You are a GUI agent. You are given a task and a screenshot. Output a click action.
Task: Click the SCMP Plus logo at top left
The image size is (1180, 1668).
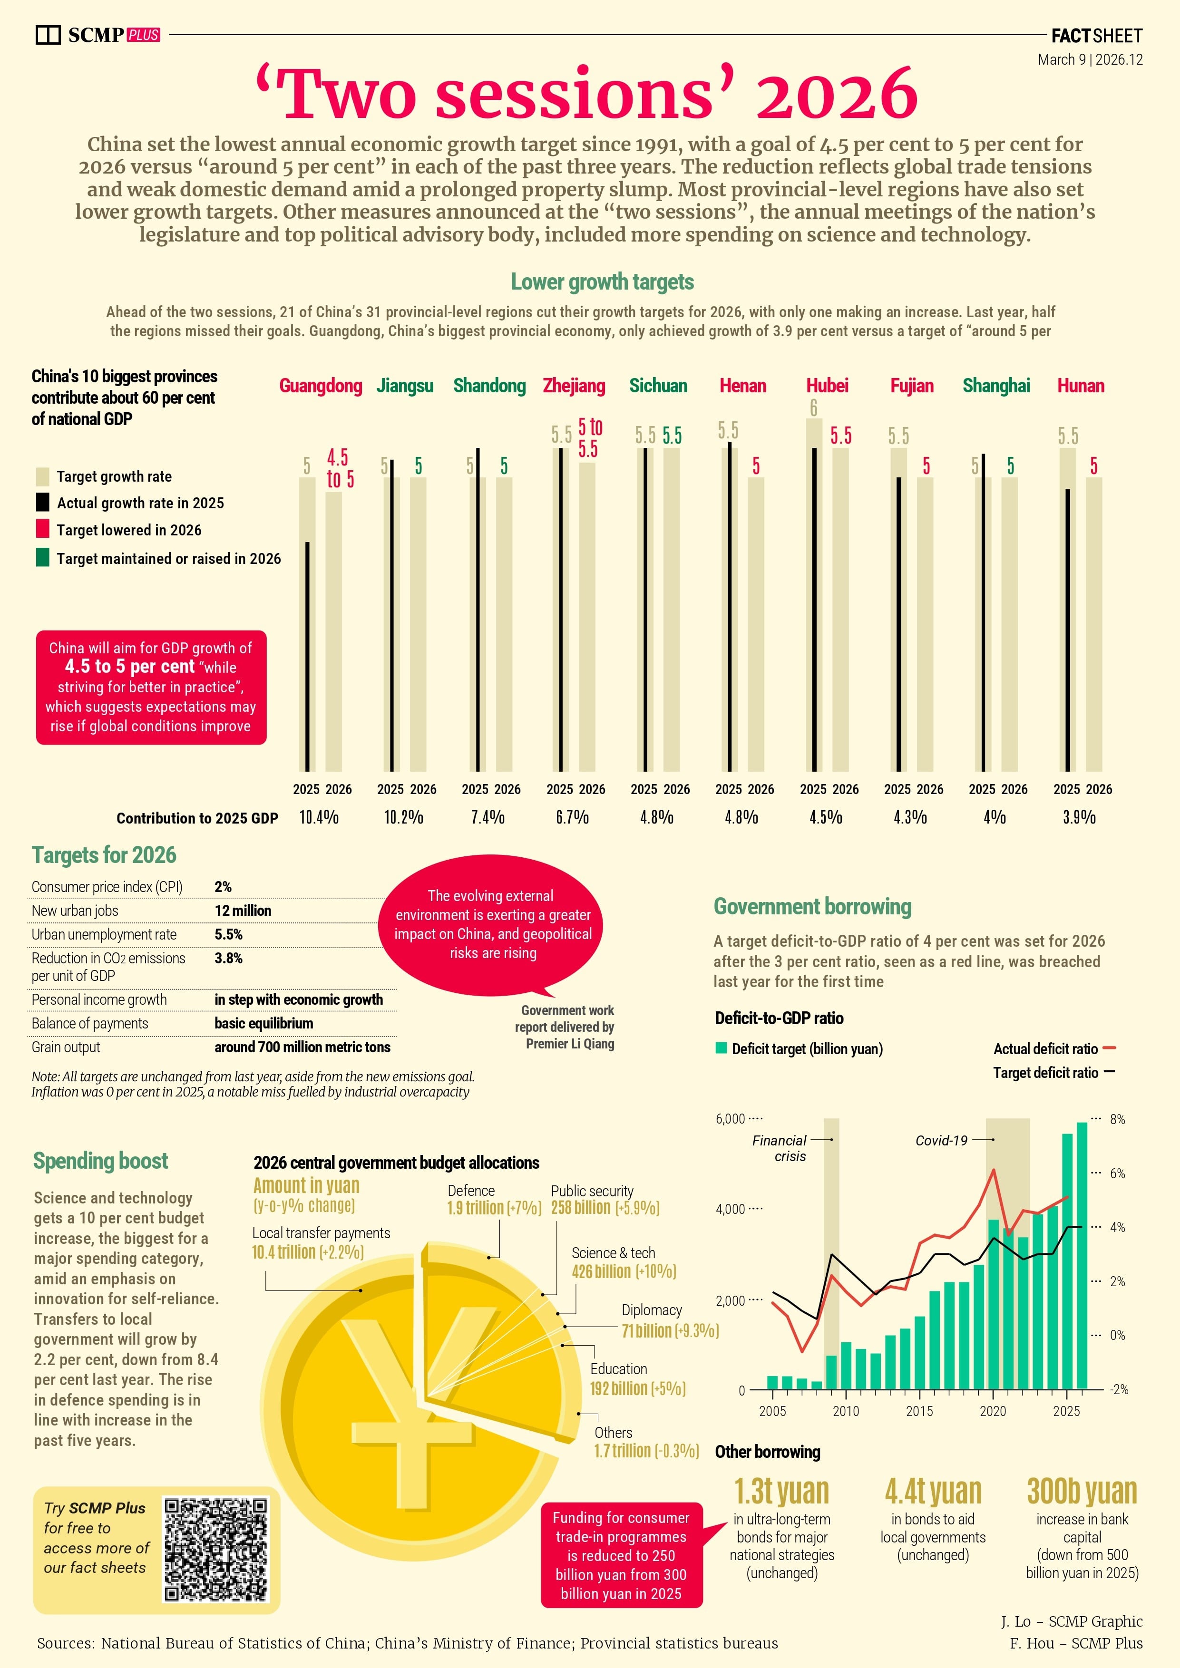pyautogui.click(x=98, y=34)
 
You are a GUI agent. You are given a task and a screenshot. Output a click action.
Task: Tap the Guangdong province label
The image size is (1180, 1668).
pyautogui.click(x=321, y=385)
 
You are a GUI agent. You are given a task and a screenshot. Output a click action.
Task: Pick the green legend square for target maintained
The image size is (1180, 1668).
pyautogui.click(x=43, y=558)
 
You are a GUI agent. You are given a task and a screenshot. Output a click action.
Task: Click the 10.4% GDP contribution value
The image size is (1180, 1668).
pyautogui.click(x=319, y=817)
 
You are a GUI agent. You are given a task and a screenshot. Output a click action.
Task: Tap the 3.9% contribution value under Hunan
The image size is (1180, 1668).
pyautogui.click(x=1079, y=817)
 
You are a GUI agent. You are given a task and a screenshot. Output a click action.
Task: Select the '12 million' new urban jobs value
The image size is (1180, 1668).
pyautogui.click(x=243, y=910)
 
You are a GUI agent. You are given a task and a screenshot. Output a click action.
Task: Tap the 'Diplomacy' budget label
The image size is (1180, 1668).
pyautogui.click(x=651, y=1310)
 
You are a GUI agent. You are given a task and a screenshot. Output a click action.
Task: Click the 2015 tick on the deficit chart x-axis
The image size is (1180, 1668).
pyautogui.click(x=919, y=1411)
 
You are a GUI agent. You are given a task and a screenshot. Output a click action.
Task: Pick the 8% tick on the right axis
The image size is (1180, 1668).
pyautogui.click(x=1117, y=1119)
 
